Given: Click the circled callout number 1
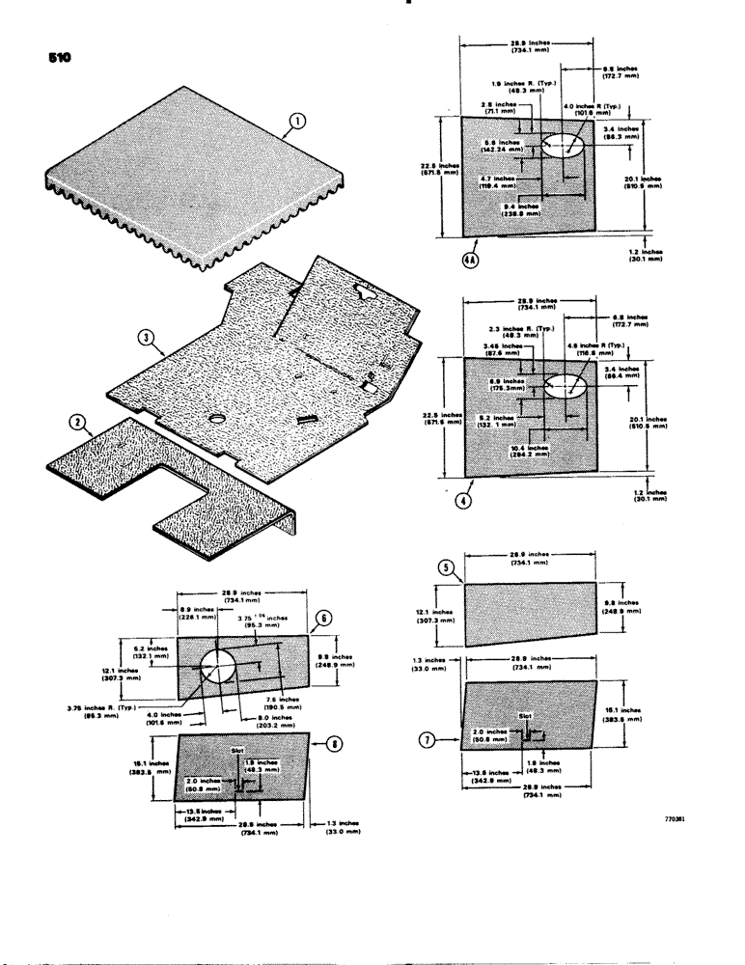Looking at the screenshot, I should (297, 122).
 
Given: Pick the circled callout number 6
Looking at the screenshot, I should (323, 620).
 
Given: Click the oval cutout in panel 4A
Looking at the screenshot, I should (564, 146).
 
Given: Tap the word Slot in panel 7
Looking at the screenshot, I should (525, 717).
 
